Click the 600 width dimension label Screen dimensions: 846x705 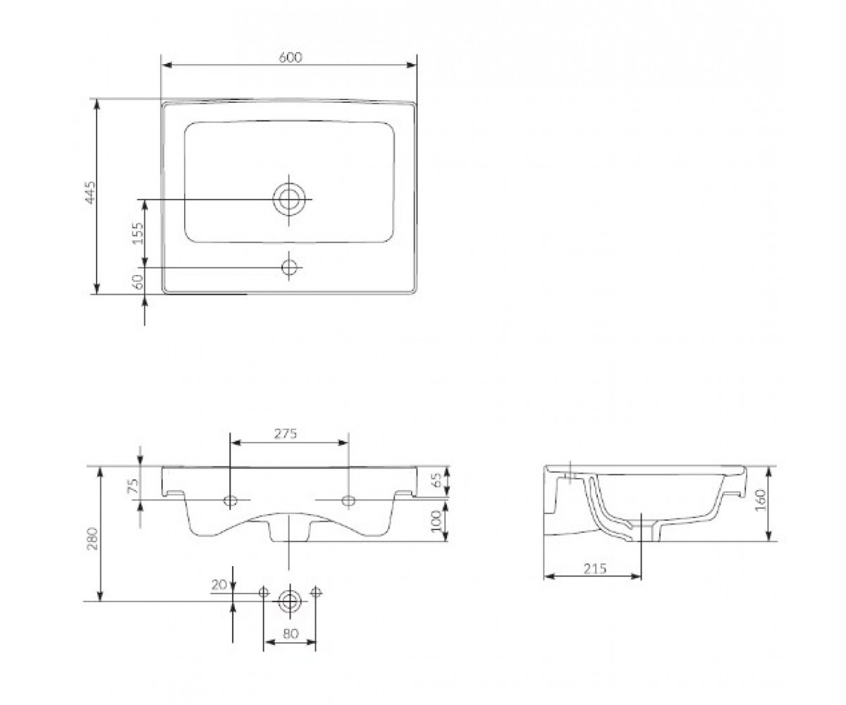(290, 58)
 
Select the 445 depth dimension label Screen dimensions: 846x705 (90, 192)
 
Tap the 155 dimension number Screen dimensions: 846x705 (138, 233)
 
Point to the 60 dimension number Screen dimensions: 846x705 (138, 281)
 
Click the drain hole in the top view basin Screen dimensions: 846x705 (289, 200)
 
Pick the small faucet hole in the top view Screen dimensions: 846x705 (289, 267)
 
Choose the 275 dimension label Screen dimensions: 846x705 (286, 434)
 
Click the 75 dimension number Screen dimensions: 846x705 (133, 485)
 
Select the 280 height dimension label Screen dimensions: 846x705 (92, 538)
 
